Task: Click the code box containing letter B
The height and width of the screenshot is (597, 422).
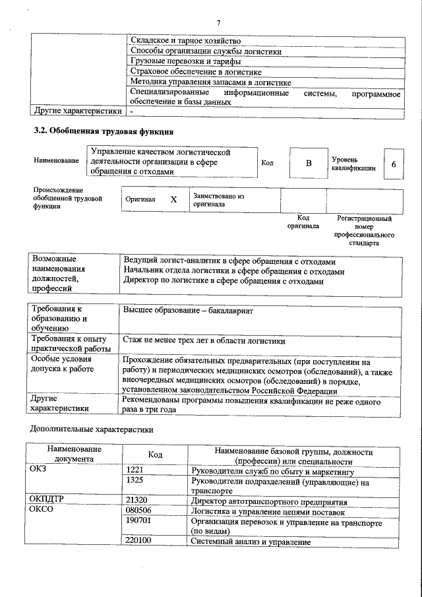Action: click(x=307, y=163)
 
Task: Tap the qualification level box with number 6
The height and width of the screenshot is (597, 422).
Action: click(x=394, y=163)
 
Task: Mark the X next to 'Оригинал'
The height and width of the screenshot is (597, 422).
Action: click(x=173, y=199)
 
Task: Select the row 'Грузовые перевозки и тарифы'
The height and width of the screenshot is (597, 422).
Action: click(x=185, y=61)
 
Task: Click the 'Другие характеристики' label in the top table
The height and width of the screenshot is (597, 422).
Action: click(x=78, y=111)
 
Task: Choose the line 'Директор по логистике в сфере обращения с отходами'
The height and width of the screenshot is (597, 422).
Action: click(x=224, y=282)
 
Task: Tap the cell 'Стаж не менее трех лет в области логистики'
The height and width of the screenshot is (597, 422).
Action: click(x=204, y=341)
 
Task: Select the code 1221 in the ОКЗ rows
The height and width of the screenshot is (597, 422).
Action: click(x=135, y=471)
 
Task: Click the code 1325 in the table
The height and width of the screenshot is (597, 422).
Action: click(x=135, y=481)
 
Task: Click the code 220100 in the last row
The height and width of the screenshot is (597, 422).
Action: click(x=138, y=541)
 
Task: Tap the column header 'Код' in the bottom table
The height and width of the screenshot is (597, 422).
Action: click(x=155, y=455)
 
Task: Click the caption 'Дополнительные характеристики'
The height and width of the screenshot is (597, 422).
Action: click(x=92, y=429)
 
